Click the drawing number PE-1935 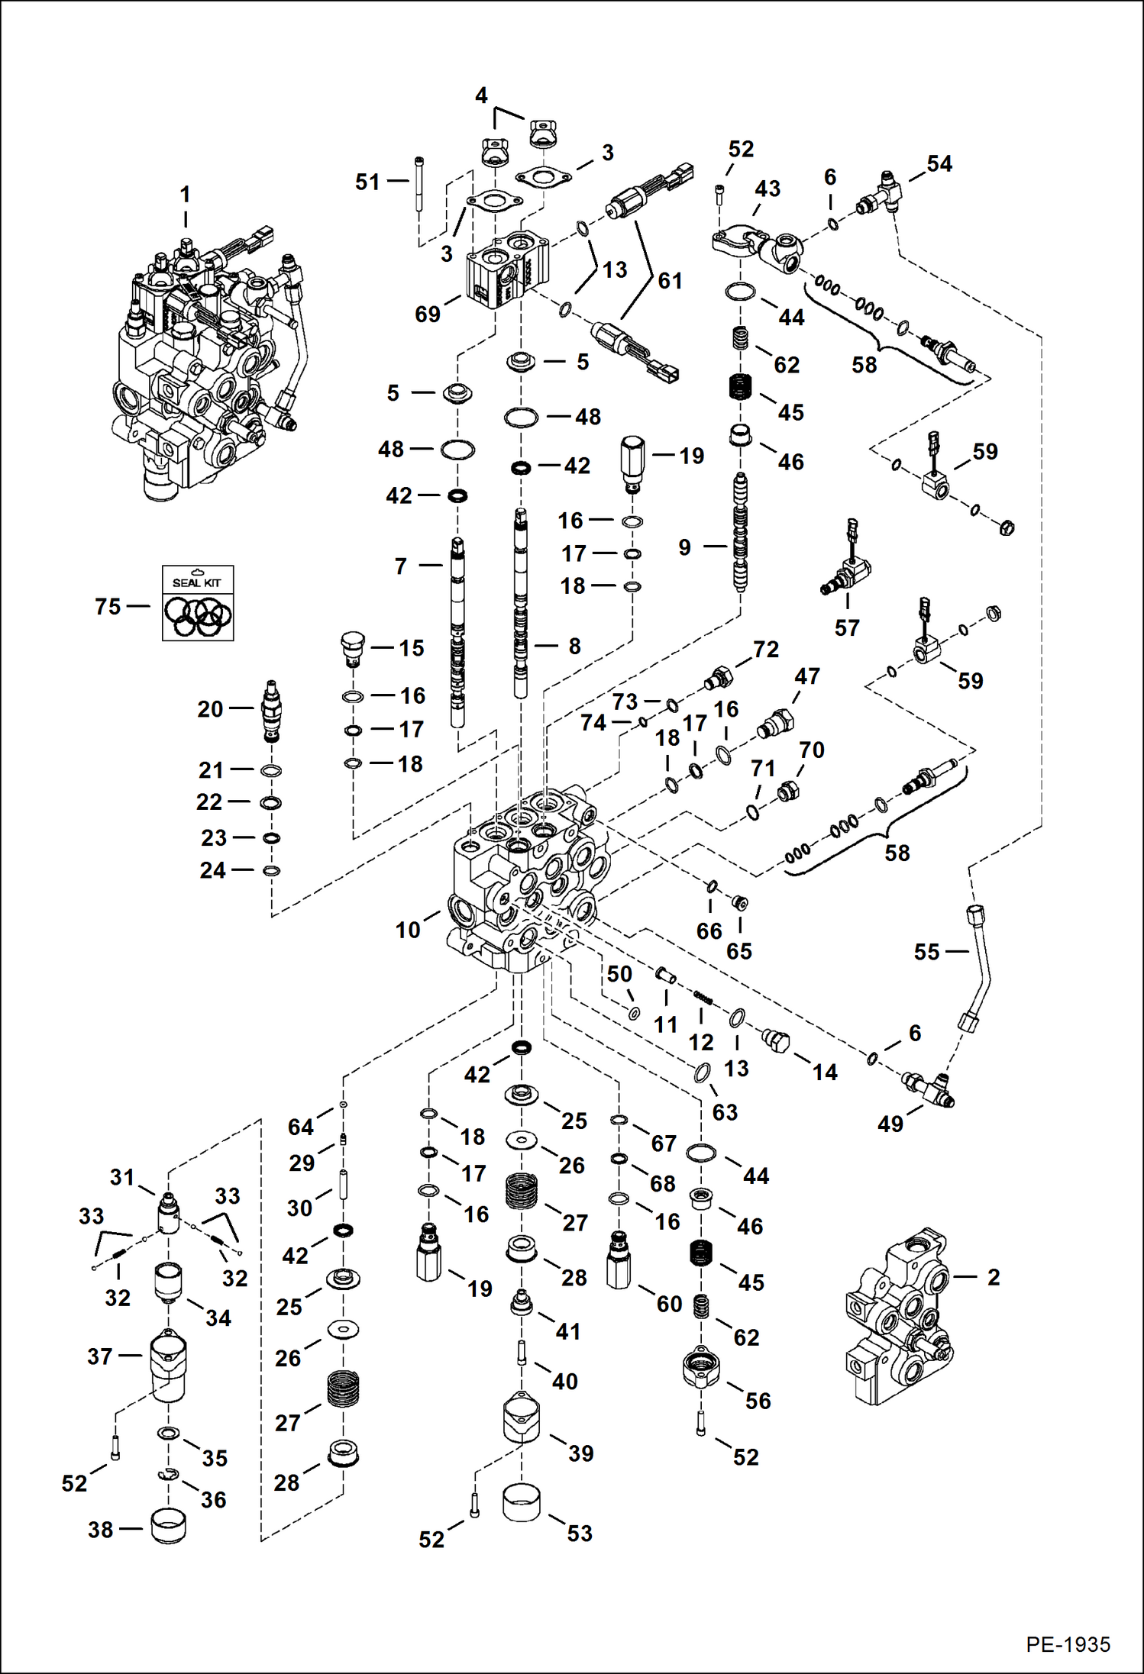(1068, 1643)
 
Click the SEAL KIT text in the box (196, 582)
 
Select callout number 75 (108, 607)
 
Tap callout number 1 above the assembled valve (185, 195)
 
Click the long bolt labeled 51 (421, 183)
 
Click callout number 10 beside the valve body (407, 930)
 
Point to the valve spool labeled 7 (457, 634)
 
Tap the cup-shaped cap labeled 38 (168, 1525)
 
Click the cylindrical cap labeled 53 (522, 1502)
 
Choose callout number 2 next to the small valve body (993, 1277)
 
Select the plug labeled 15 (352, 648)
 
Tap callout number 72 (765, 650)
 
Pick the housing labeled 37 (168, 1365)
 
